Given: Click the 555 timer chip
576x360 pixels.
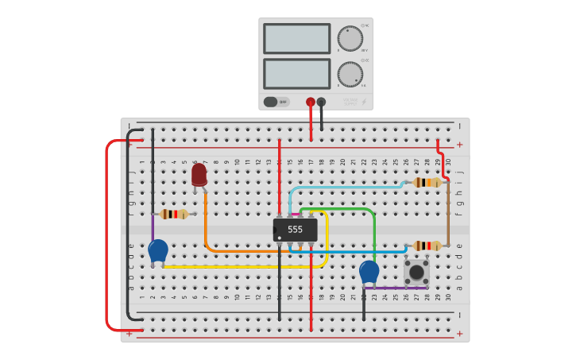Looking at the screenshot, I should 296,230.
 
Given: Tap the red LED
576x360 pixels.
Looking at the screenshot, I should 199,174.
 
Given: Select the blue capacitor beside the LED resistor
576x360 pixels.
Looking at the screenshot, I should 158,251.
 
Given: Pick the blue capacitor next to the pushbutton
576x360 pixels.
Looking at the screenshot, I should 369,272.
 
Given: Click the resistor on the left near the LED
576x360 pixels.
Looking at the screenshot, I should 174,214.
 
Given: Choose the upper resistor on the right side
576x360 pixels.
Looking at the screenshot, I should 427,182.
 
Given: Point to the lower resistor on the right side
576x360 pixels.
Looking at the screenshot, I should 427,246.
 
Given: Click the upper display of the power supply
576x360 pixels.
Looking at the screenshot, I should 296,38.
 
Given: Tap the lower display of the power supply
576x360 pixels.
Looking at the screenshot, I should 296,74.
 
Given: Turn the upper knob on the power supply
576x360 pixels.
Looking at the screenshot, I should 350,38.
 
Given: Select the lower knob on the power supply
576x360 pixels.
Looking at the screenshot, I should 350,75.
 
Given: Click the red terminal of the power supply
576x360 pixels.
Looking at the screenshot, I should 311,102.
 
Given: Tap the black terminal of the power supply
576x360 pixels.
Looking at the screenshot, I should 321,102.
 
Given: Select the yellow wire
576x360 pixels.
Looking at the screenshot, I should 238,266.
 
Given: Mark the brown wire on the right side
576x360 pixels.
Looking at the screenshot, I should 447,215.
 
